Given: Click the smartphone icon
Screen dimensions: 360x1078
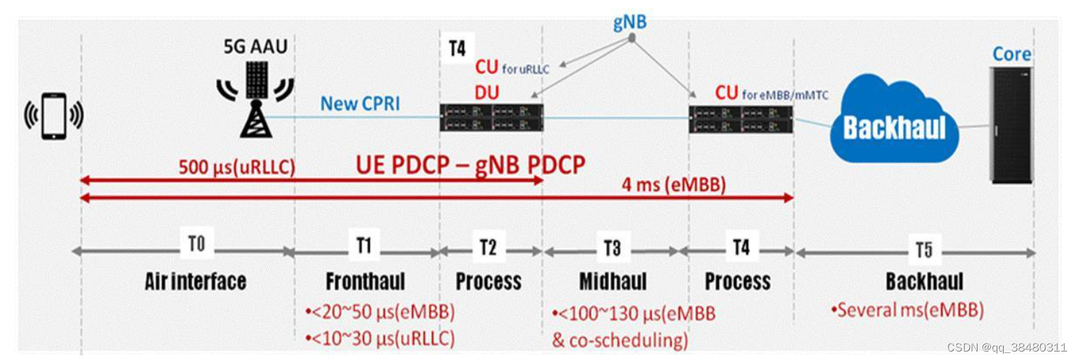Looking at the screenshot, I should point(54,115).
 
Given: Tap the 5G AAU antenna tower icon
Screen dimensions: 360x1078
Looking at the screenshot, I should point(255,98).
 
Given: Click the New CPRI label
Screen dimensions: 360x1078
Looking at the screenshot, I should point(360,103).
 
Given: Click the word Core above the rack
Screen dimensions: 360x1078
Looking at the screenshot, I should point(1012,54).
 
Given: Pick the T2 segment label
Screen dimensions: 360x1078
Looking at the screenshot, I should point(487,246).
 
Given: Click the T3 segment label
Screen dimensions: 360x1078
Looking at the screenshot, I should point(613,247).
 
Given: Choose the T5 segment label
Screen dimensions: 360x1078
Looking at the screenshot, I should point(923,249).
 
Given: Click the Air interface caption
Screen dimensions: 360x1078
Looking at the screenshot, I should point(195,281).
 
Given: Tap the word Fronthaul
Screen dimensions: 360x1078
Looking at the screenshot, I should point(365,281).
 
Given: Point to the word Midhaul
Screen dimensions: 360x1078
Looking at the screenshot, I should point(613,281).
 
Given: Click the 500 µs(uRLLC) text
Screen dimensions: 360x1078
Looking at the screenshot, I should point(236,168).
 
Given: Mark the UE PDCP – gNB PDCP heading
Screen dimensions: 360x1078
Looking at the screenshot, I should point(470,165).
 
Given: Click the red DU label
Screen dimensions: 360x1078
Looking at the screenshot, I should point(487,92).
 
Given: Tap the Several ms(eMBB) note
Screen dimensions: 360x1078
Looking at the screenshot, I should point(907,310).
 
